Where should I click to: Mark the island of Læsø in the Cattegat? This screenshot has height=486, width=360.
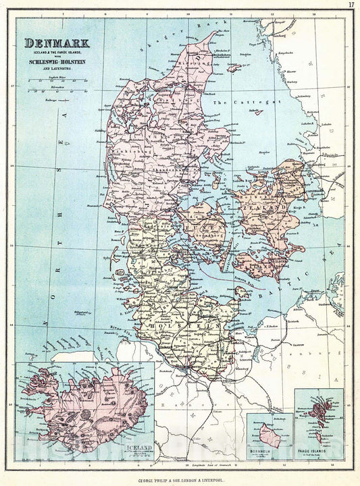[234, 67]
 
